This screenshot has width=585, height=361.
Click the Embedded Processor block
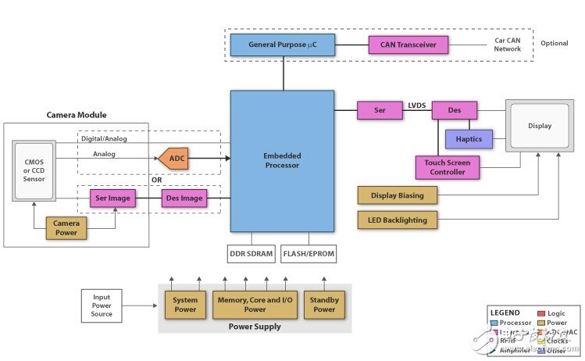point(282,159)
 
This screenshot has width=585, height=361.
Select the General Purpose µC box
point(282,45)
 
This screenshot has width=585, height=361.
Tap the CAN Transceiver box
point(408,45)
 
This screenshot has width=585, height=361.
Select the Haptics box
point(469,139)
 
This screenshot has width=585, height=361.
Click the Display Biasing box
point(398,195)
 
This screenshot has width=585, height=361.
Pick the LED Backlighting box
point(398,220)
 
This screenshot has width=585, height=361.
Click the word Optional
point(554,43)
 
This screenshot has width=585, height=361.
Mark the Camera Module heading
point(77,115)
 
